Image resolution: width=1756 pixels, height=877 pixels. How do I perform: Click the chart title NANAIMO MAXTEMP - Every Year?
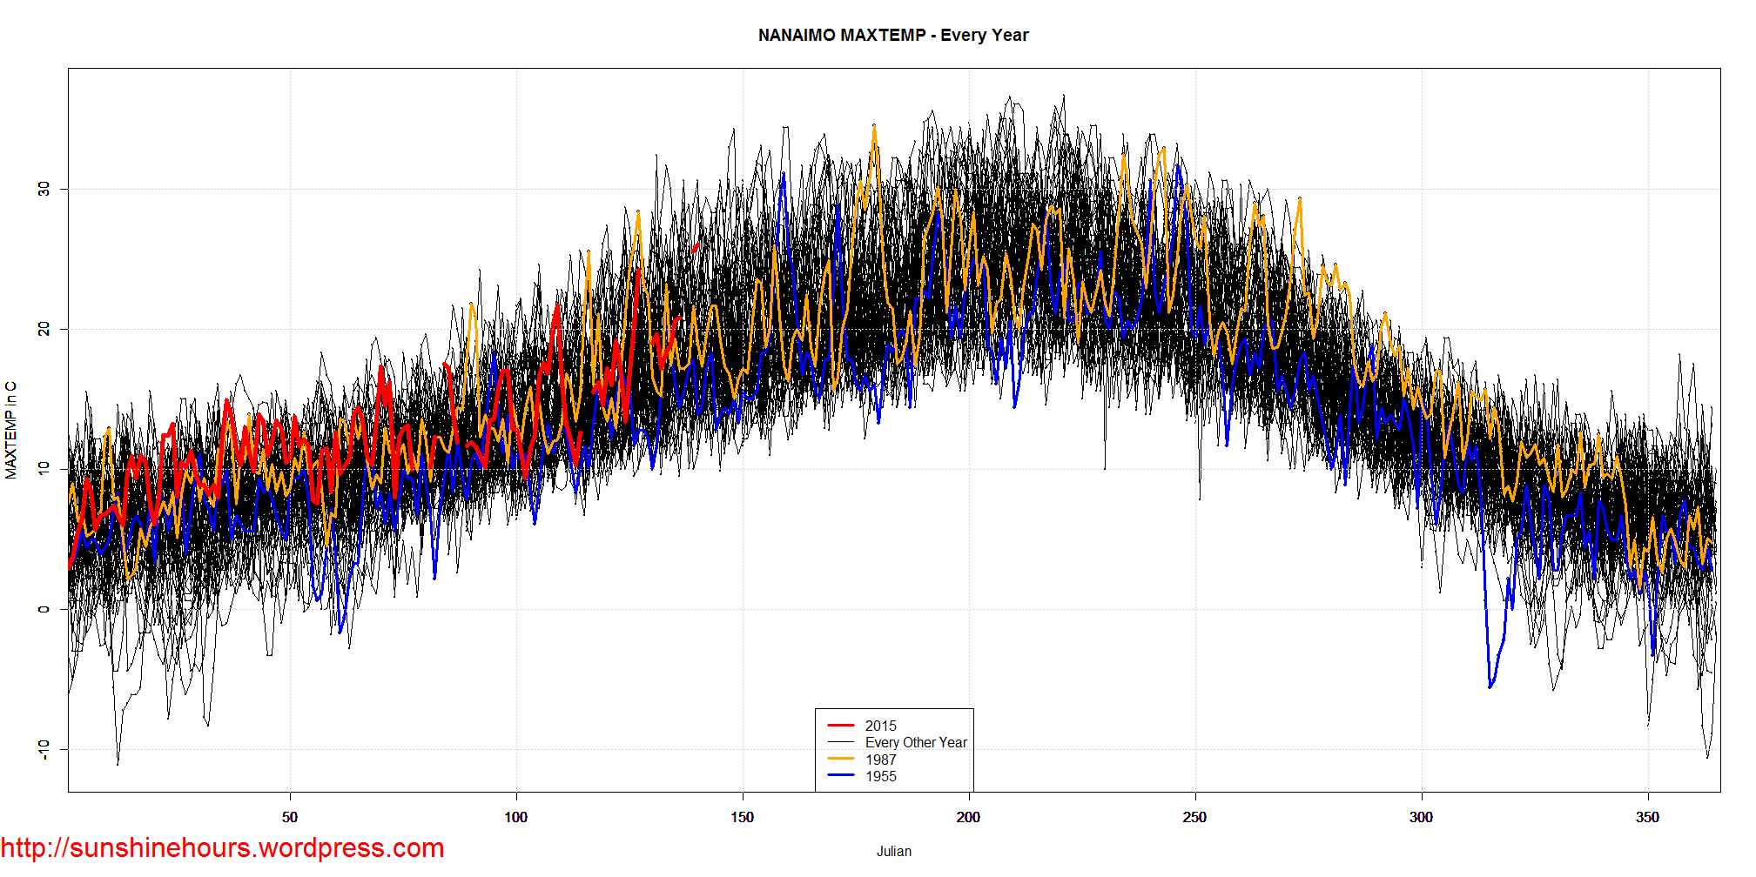[x=893, y=36]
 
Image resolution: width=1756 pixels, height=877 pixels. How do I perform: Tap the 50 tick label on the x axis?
[x=290, y=817]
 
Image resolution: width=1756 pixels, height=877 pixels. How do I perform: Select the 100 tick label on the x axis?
[x=516, y=817]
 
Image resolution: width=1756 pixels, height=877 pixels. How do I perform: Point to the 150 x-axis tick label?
[x=743, y=817]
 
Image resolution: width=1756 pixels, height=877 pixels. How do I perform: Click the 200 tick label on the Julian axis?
[x=968, y=817]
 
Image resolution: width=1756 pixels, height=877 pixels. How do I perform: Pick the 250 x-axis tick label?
[x=1194, y=817]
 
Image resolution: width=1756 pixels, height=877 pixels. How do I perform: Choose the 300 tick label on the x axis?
[x=1421, y=817]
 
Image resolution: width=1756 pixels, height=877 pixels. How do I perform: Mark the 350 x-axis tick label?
[x=1647, y=817]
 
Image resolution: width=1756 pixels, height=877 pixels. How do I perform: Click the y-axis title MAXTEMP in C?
[x=11, y=430]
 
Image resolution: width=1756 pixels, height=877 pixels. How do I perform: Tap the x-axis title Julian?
[x=894, y=851]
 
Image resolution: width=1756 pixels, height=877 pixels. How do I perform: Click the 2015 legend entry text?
[x=880, y=726]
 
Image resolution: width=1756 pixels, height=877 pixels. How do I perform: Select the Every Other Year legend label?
[x=916, y=742]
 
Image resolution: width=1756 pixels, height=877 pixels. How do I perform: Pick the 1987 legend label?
[x=880, y=760]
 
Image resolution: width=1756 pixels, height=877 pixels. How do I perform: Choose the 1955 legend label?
[x=880, y=776]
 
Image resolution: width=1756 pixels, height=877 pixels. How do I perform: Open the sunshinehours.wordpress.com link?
[x=222, y=847]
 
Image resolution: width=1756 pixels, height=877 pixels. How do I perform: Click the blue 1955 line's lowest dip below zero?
[x=1490, y=686]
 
